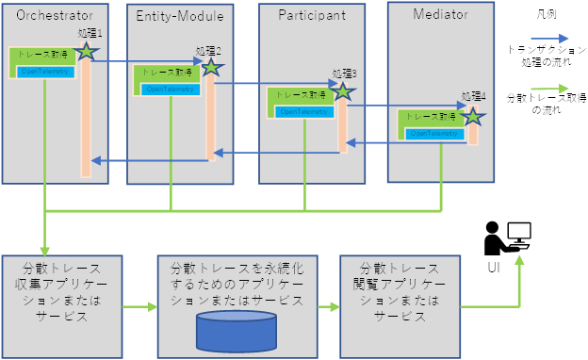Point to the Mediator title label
click(x=439, y=14)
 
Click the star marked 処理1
click(x=87, y=52)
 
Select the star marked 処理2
click(x=212, y=68)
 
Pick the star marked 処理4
click(x=472, y=117)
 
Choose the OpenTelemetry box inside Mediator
click(x=433, y=134)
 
